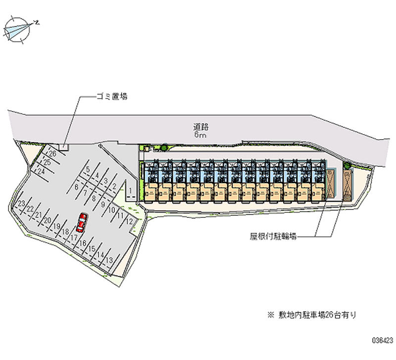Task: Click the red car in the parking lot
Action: pos(82,223)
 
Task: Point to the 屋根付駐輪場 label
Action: pos(273,237)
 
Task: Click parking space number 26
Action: pos(52,154)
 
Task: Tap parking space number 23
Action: pos(21,204)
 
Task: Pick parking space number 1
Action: pos(129,190)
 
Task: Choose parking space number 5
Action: pos(87,169)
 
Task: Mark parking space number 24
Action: pos(42,171)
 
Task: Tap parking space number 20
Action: pos(48,220)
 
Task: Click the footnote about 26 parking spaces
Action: pos(311,314)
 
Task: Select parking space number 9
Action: pos(102,204)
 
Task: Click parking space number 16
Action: pos(83,243)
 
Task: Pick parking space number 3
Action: pos(105,181)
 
